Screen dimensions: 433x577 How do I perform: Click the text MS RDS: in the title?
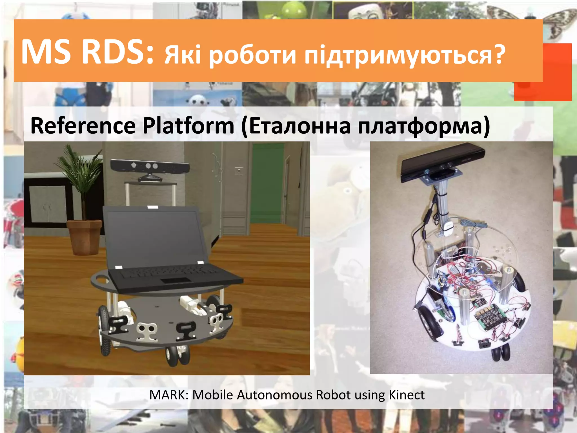click(87, 52)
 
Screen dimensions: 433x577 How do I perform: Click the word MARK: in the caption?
click(169, 395)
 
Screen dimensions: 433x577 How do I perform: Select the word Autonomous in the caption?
click(275, 395)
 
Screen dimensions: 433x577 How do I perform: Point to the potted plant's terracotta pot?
click(84, 237)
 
